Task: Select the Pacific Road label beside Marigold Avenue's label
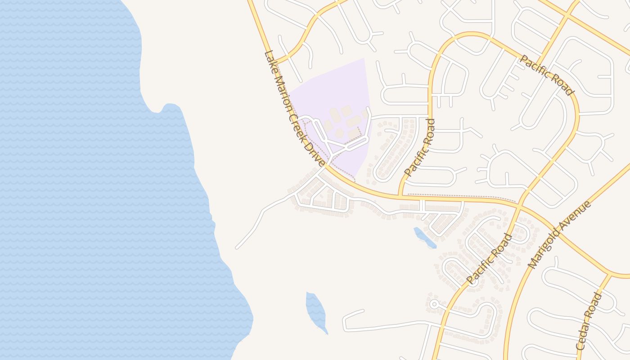[489, 259]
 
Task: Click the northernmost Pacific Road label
[547, 75]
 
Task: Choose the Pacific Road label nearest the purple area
[419, 147]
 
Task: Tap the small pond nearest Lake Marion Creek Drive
[424, 237]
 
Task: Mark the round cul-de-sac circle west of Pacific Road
[434, 304]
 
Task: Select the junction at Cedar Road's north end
[610, 274]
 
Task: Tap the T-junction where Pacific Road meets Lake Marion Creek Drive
[399, 196]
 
